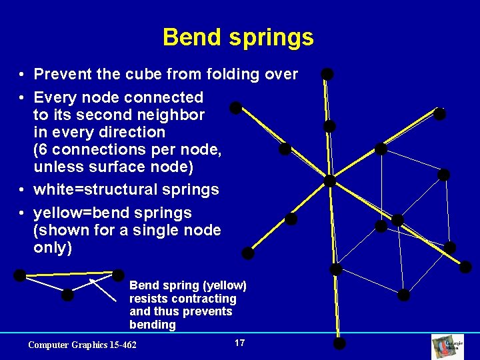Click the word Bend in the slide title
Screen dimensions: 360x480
189,37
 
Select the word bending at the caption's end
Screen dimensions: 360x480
153,325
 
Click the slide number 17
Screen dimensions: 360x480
240,343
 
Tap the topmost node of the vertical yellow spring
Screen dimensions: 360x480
327,74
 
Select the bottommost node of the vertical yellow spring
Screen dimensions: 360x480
339,344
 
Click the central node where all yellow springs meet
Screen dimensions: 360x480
329,181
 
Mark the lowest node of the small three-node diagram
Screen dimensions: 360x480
67,295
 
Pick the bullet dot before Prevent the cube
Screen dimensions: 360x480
22,75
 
